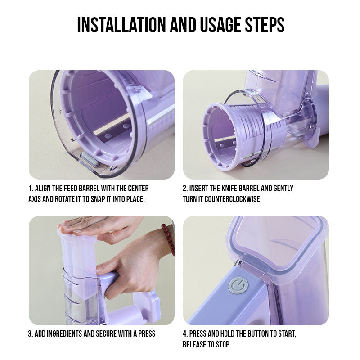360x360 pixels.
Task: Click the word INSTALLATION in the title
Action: coord(121,25)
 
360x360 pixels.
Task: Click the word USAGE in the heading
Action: coord(220,25)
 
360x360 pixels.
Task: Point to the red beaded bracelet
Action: coord(168,239)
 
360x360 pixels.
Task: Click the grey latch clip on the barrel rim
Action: coord(90,160)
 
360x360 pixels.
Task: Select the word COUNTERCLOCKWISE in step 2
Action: coord(232,199)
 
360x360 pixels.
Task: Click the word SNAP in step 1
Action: coord(98,199)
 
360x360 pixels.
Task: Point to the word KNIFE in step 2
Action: coord(231,189)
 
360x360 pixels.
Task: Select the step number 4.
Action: coord(185,333)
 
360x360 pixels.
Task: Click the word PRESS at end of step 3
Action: coord(147,333)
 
